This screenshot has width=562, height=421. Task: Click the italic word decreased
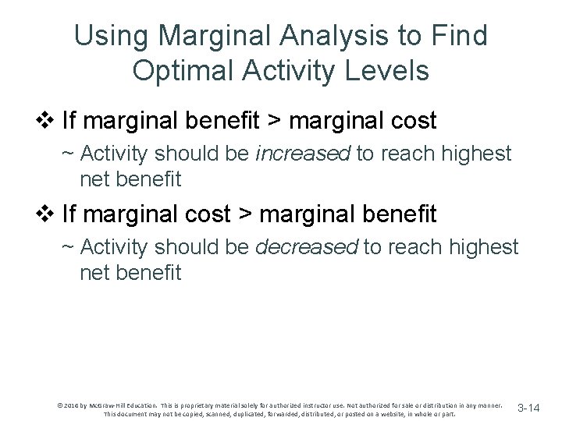pyautogui.click(x=307, y=247)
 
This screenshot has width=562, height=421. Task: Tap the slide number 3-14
pyautogui.click(x=528, y=408)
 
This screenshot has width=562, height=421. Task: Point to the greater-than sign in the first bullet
pyautogui.click(x=297, y=120)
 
